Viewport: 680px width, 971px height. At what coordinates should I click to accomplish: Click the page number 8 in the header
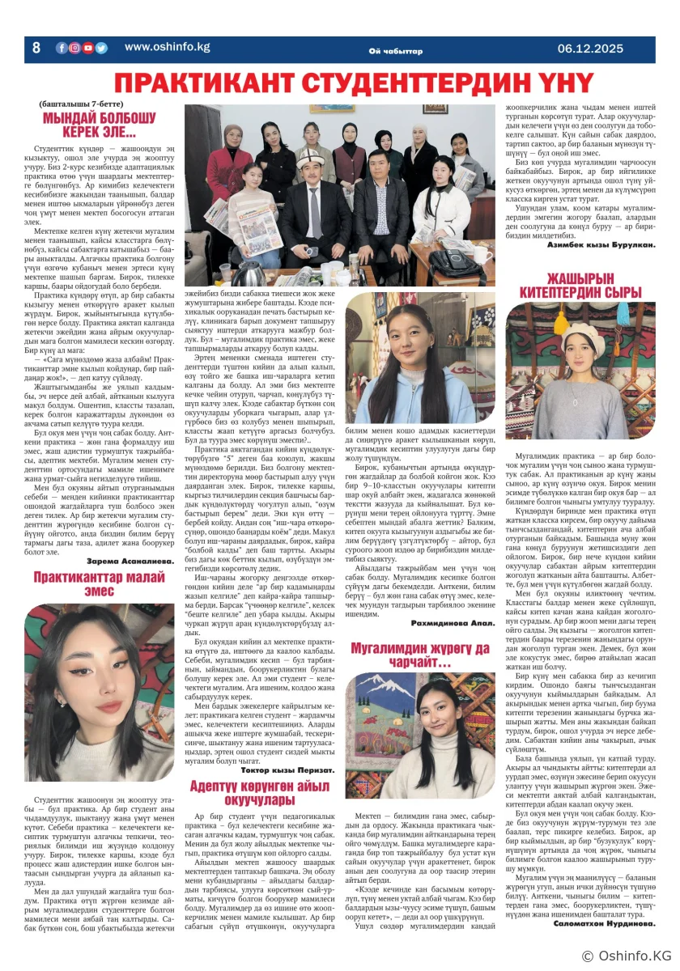[x=36, y=48]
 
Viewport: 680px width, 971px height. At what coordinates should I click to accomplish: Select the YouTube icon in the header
[x=88, y=48]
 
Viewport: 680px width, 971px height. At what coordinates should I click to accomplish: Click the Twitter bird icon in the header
[x=101, y=48]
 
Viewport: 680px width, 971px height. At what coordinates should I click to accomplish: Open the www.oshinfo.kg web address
[x=167, y=47]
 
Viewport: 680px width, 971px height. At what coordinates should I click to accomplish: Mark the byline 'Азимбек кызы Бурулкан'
[x=601, y=244]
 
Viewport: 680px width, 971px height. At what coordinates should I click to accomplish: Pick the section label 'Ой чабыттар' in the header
[x=395, y=52]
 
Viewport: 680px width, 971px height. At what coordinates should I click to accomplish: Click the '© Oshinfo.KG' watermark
[x=625, y=957]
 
